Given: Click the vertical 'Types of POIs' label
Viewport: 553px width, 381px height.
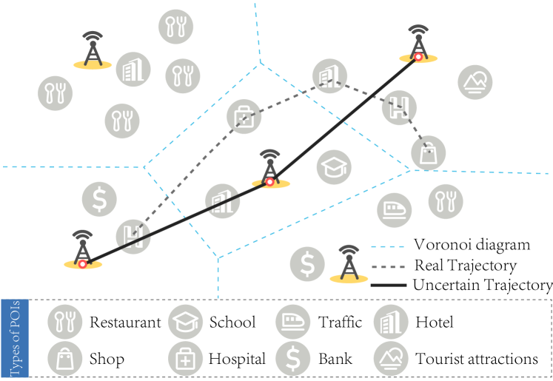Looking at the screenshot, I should point(15,338).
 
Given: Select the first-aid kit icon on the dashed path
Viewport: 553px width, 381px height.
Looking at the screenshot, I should point(244,117).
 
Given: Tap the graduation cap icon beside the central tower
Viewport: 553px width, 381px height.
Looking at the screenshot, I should point(334,167).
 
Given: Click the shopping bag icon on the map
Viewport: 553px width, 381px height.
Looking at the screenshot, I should point(429,153).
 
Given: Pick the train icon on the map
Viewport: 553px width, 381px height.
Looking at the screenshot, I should point(394,209).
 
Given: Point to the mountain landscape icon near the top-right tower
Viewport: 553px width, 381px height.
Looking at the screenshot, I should point(475,83).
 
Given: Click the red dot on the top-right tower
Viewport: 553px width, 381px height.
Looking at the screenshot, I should point(418,56).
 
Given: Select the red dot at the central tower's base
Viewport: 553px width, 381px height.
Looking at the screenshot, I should point(269,181).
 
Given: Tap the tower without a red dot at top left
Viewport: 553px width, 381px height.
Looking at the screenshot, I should point(93,50).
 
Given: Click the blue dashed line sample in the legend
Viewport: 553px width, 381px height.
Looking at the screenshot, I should point(387,247).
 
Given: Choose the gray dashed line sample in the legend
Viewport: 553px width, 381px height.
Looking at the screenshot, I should point(387,266).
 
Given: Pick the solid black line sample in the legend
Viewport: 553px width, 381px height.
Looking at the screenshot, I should point(387,285).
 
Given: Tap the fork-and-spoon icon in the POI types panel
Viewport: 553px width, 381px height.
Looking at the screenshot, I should point(65,322).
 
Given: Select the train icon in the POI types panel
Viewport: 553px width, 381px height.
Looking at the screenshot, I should point(293,322).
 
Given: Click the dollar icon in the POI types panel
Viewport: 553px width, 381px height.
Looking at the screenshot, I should point(293,359).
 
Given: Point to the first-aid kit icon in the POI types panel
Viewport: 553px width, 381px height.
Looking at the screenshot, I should point(185,359).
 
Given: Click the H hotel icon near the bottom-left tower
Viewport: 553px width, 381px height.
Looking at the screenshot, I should point(133,237).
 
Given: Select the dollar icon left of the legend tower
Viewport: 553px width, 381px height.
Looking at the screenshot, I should point(307,264).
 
